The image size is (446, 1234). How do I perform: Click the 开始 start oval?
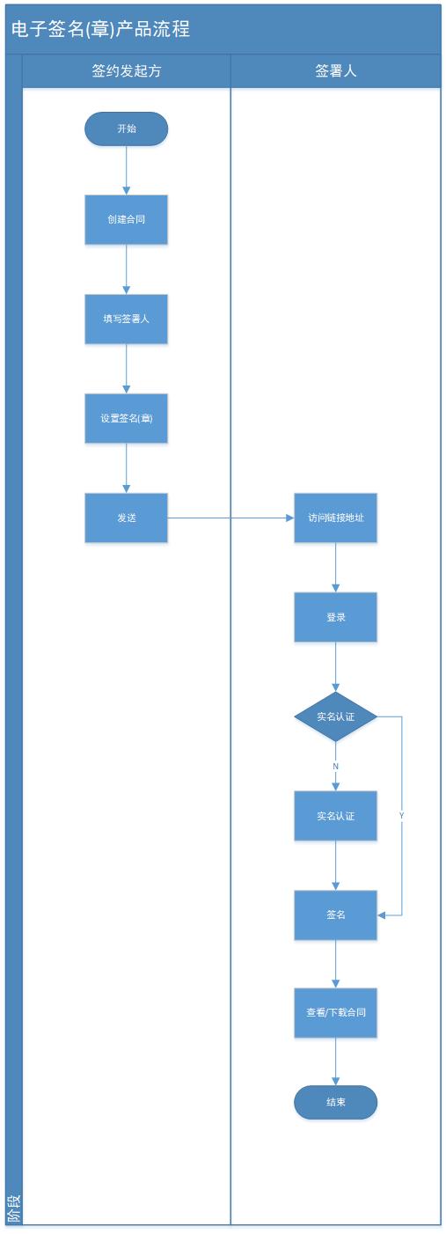click(126, 129)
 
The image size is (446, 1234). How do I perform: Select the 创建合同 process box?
click(126, 219)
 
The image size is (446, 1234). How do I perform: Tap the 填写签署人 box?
click(126, 319)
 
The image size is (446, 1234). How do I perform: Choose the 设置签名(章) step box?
click(126, 418)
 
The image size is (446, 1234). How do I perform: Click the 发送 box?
click(126, 518)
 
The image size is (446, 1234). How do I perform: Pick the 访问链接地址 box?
click(335, 518)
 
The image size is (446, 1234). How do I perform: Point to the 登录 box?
click(335, 617)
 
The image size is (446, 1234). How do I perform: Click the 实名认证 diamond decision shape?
click(335, 716)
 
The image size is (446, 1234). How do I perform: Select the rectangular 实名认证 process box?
click(335, 816)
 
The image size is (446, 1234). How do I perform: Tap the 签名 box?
click(335, 915)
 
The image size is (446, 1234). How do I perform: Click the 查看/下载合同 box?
click(335, 1013)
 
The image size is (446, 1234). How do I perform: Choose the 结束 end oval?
click(335, 1102)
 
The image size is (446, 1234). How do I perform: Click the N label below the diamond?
click(335, 767)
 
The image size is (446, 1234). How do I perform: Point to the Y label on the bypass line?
click(401, 816)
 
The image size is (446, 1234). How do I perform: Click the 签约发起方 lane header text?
click(126, 71)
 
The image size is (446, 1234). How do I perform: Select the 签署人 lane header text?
click(335, 71)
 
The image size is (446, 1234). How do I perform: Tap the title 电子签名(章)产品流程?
click(100, 29)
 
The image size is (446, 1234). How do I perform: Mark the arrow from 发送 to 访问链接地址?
click(230, 518)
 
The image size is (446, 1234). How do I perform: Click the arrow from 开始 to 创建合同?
click(126, 170)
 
